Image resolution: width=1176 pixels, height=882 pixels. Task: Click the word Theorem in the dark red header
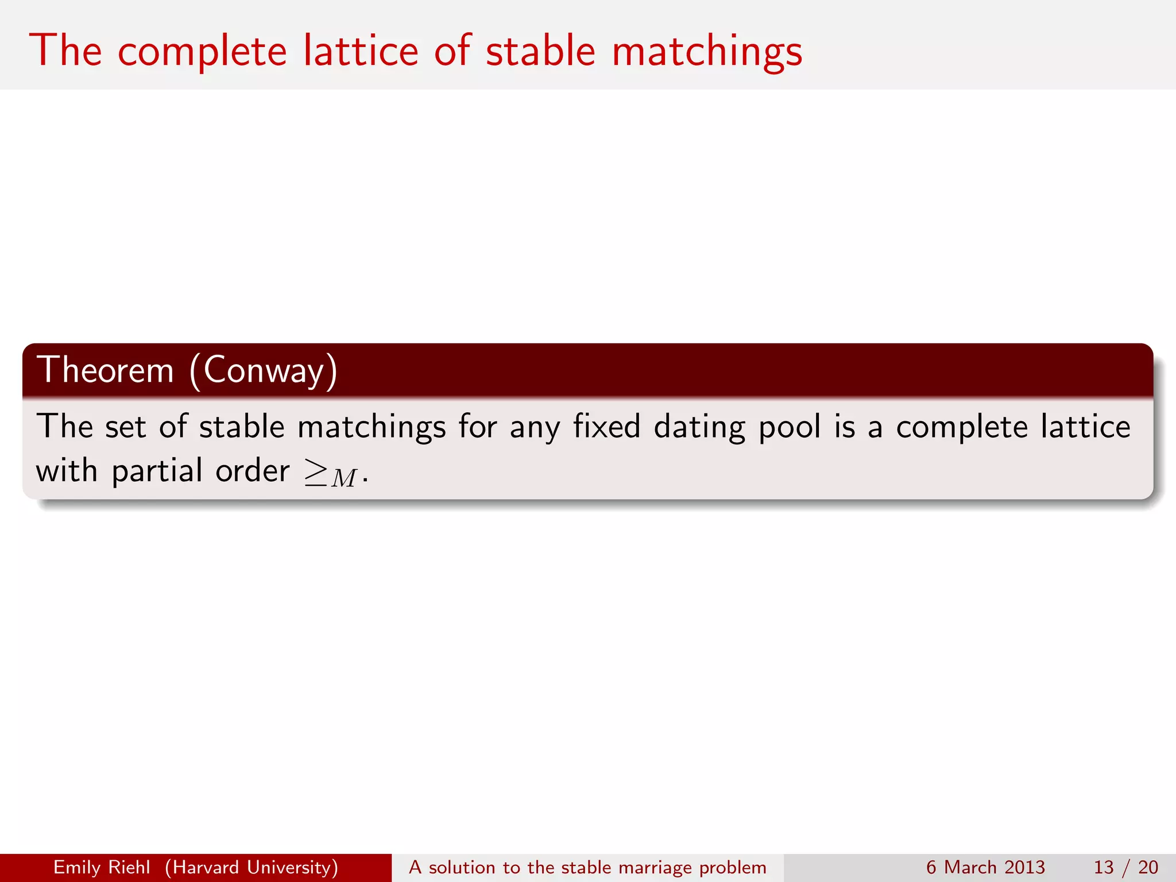click(105, 370)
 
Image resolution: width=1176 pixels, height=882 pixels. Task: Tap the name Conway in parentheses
click(264, 371)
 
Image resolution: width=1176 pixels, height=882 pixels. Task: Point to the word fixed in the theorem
click(606, 427)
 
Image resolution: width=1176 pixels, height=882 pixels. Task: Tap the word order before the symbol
click(252, 471)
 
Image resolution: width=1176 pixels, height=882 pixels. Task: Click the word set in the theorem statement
click(125, 427)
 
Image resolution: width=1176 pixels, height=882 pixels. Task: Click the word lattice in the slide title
click(361, 52)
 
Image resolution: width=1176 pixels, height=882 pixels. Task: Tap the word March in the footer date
click(970, 867)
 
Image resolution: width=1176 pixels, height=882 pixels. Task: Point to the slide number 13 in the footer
click(1104, 867)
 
